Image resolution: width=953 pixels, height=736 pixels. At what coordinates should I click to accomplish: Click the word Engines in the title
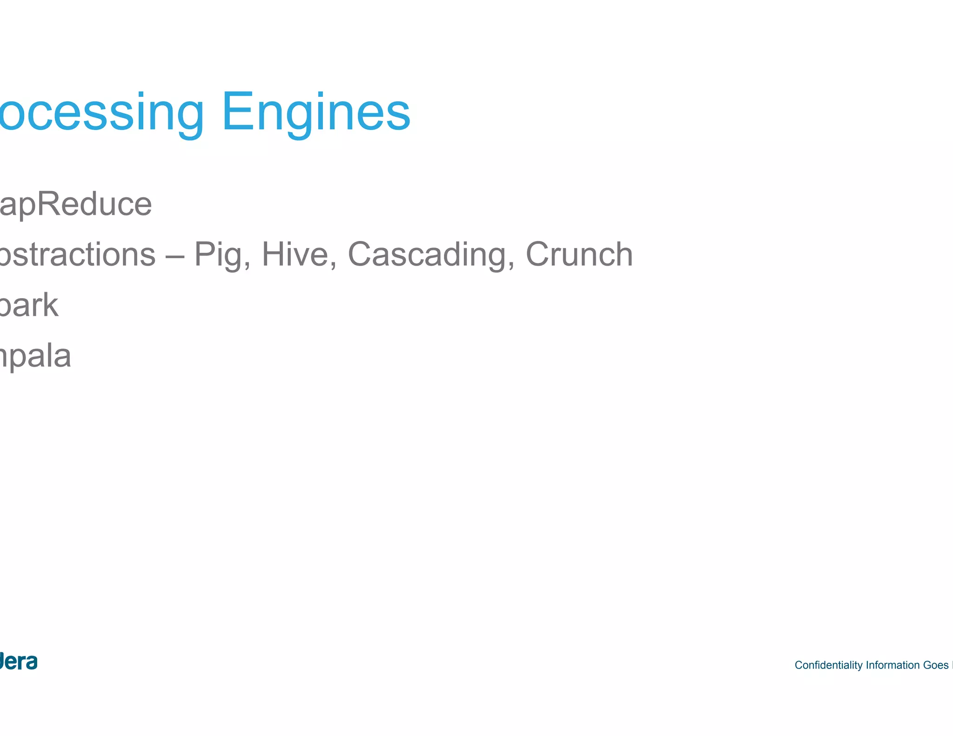316,113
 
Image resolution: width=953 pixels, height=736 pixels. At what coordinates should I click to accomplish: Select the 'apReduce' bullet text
75,205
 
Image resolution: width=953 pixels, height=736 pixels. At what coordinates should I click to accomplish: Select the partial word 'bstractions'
77,254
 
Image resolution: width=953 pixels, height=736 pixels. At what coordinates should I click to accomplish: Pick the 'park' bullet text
29,306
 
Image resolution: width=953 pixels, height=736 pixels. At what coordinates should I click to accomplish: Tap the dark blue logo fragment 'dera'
19,661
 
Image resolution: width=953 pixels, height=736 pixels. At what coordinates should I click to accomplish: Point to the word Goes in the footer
935,665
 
